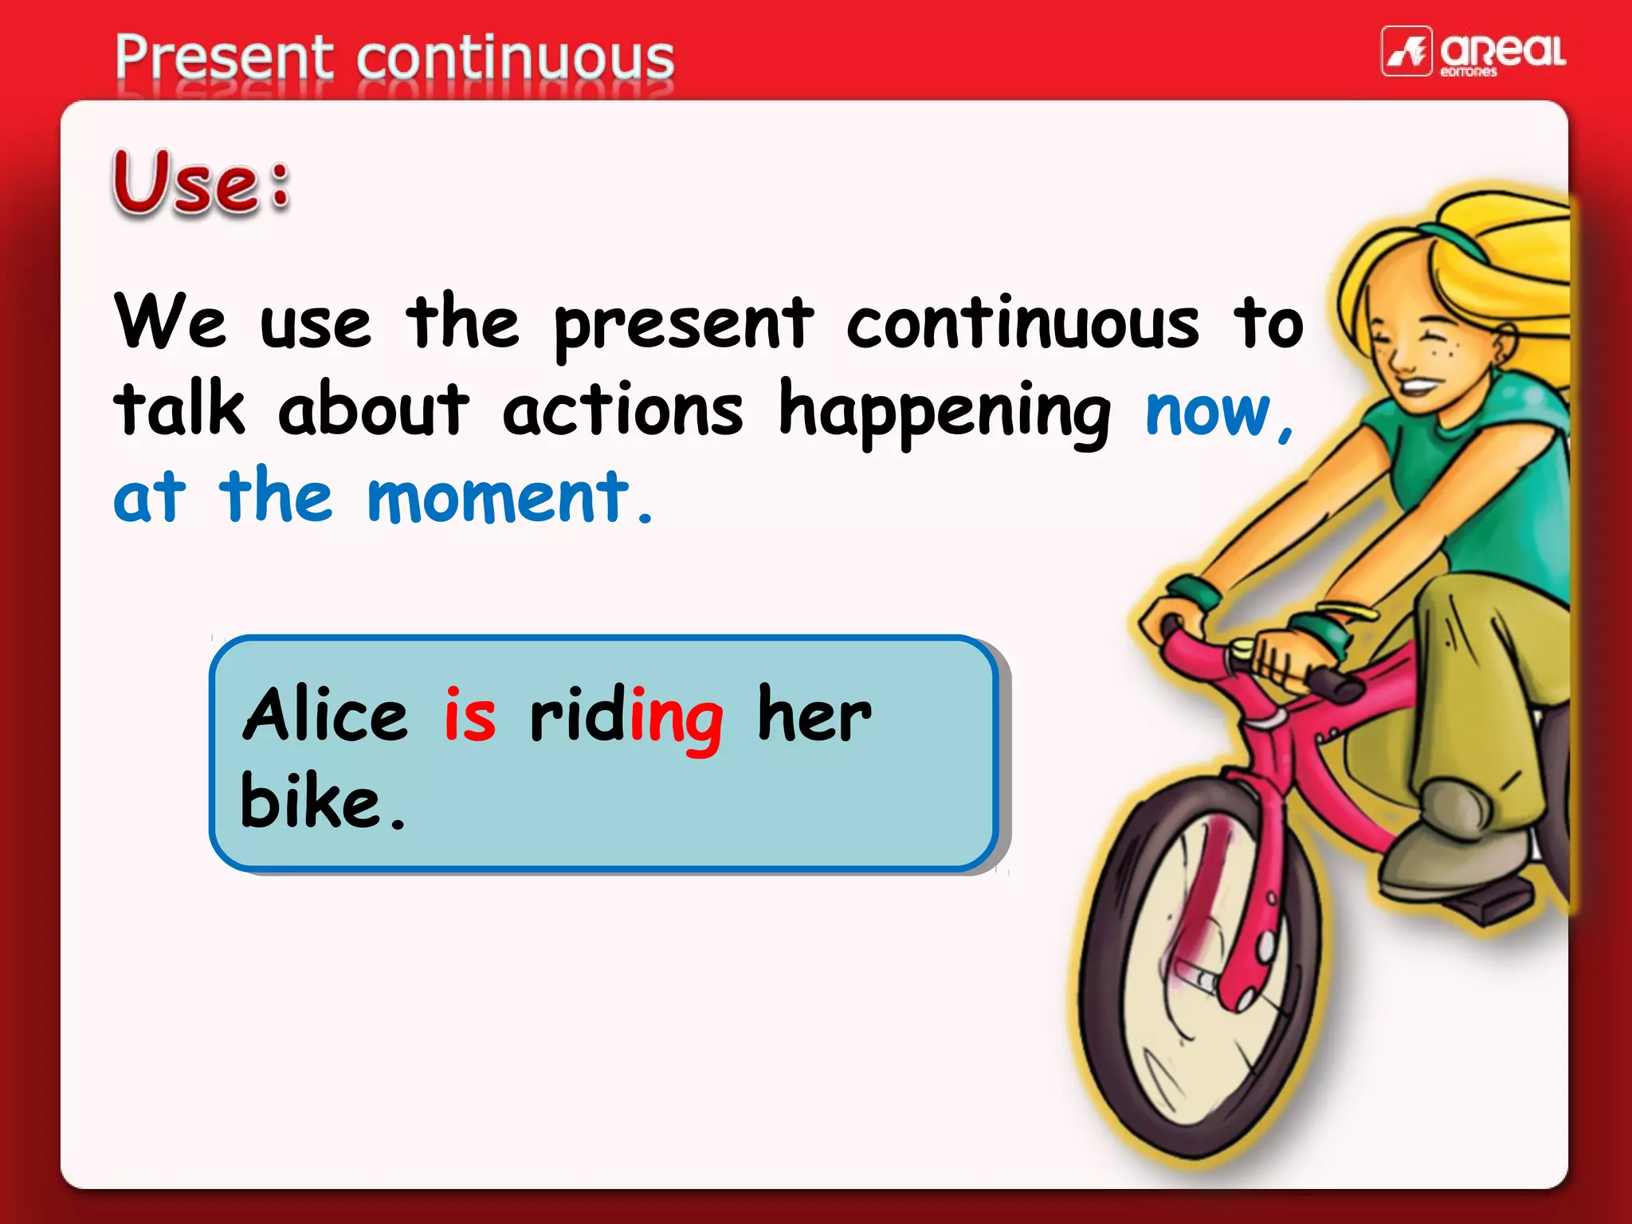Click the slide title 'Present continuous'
394,57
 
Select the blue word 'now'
1207,412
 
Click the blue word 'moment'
499,497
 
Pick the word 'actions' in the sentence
622,410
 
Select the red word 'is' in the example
470,715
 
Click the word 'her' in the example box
814,714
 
